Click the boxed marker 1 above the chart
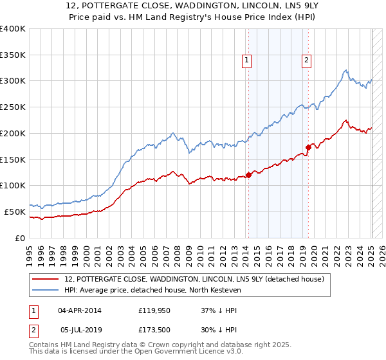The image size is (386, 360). tap(247, 61)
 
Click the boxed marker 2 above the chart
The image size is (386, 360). tap(306, 61)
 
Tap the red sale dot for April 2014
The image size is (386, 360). tap(248, 175)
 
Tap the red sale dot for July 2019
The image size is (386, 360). tap(308, 147)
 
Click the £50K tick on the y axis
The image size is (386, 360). tap(15, 212)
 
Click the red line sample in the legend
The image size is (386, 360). tap(46, 279)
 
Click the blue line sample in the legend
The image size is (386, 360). tap(46, 291)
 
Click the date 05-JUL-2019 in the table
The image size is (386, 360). tap(83, 328)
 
